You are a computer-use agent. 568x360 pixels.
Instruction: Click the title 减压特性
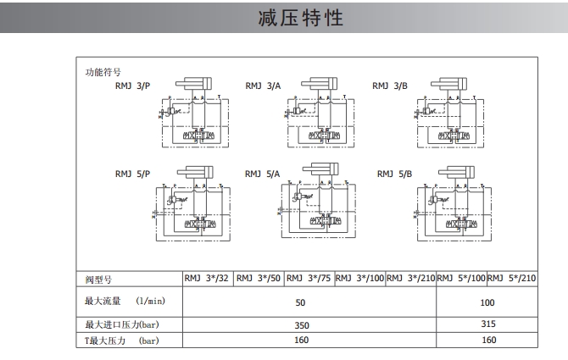(301, 17)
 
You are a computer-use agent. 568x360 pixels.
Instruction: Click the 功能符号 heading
(103, 72)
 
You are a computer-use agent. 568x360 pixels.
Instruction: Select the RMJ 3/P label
(132, 86)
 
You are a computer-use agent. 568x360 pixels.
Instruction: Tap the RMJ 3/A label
(263, 86)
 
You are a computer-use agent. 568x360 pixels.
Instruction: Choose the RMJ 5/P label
(132, 174)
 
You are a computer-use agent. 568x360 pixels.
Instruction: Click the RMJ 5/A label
(263, 174)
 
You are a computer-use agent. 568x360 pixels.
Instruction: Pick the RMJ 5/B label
(394, 174)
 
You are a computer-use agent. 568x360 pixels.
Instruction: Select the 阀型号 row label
(98, 279)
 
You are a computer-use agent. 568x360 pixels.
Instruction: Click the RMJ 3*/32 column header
(207, 278)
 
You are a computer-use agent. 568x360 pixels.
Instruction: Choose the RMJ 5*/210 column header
(512, 278)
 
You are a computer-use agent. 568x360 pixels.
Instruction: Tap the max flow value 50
(299, 302)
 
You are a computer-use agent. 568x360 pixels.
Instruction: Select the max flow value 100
(487, 302)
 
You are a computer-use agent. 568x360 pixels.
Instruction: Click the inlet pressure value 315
(487, 324)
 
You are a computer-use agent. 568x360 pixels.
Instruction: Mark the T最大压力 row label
(122, 341)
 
